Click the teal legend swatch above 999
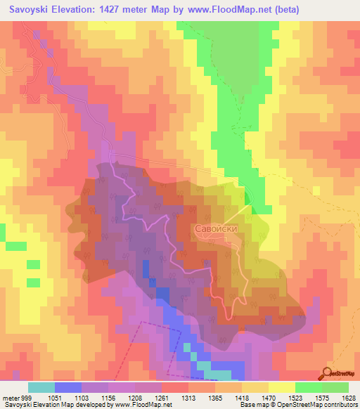click(41, 387)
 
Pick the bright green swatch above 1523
click(308, 387)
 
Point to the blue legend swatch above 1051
click(68, 387)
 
